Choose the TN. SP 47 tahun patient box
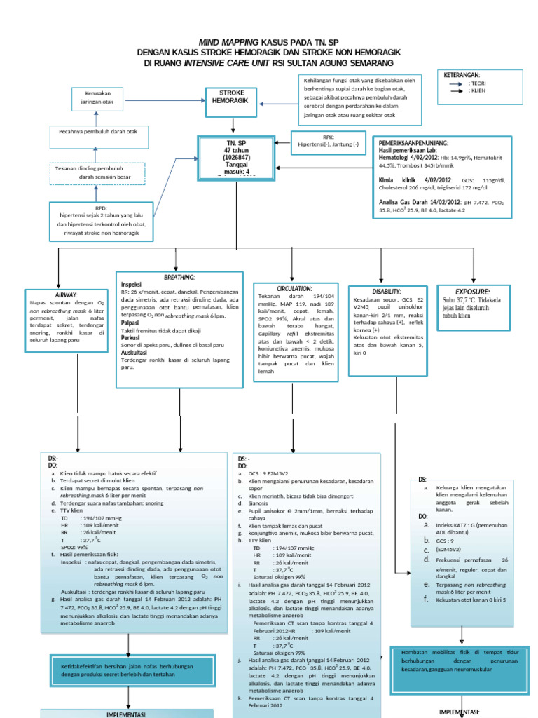pyautogui.click(x=237, y=157)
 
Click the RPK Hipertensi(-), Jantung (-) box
pyautogui.click(x=329, y=140)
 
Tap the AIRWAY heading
pyautogui.click(x=66, y=294)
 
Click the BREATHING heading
pyautogui.click(x=179, y=278)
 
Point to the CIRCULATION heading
pyautogui.click(x=294, y=288)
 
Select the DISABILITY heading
pyautogui.click(x=387, y=291)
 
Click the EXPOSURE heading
pyautogui.click(x=473, y=291)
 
